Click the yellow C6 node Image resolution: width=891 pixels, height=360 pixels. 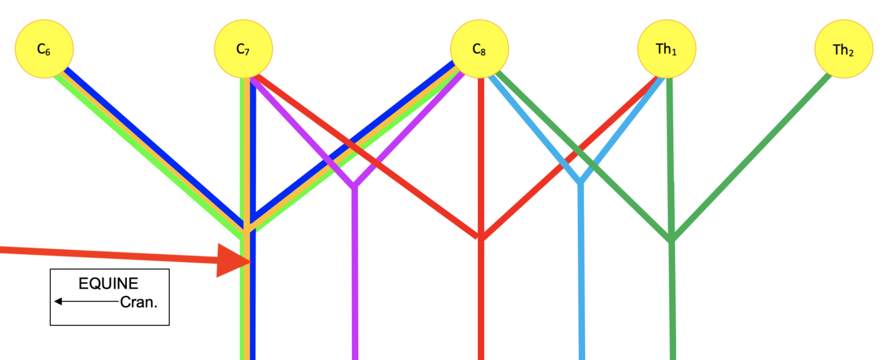[x=44, y=49]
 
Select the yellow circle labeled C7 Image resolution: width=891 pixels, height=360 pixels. [x=243, y=49]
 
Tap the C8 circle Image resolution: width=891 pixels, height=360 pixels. [x=479, y=49]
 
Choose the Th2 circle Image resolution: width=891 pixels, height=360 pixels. [x=843, y=49]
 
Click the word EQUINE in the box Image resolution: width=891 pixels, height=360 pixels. [x=109, y=284]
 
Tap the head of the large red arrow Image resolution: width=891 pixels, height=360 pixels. [x=234, y=260]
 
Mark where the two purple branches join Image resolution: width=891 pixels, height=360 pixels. [x=355, y=185]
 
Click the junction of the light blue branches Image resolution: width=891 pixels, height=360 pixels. [x=581, y=181]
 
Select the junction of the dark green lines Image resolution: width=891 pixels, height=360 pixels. [x=672, y=239]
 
